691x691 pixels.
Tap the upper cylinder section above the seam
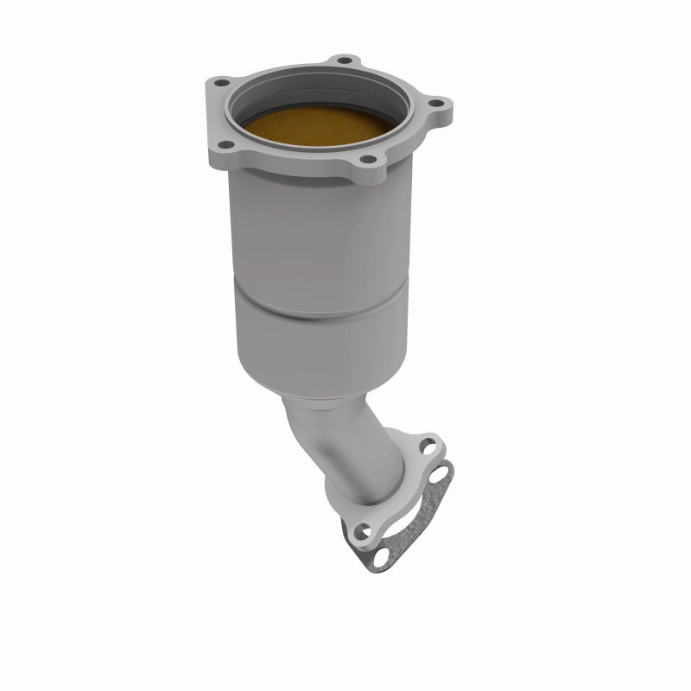pyautogui.click(x=320, y=233)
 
